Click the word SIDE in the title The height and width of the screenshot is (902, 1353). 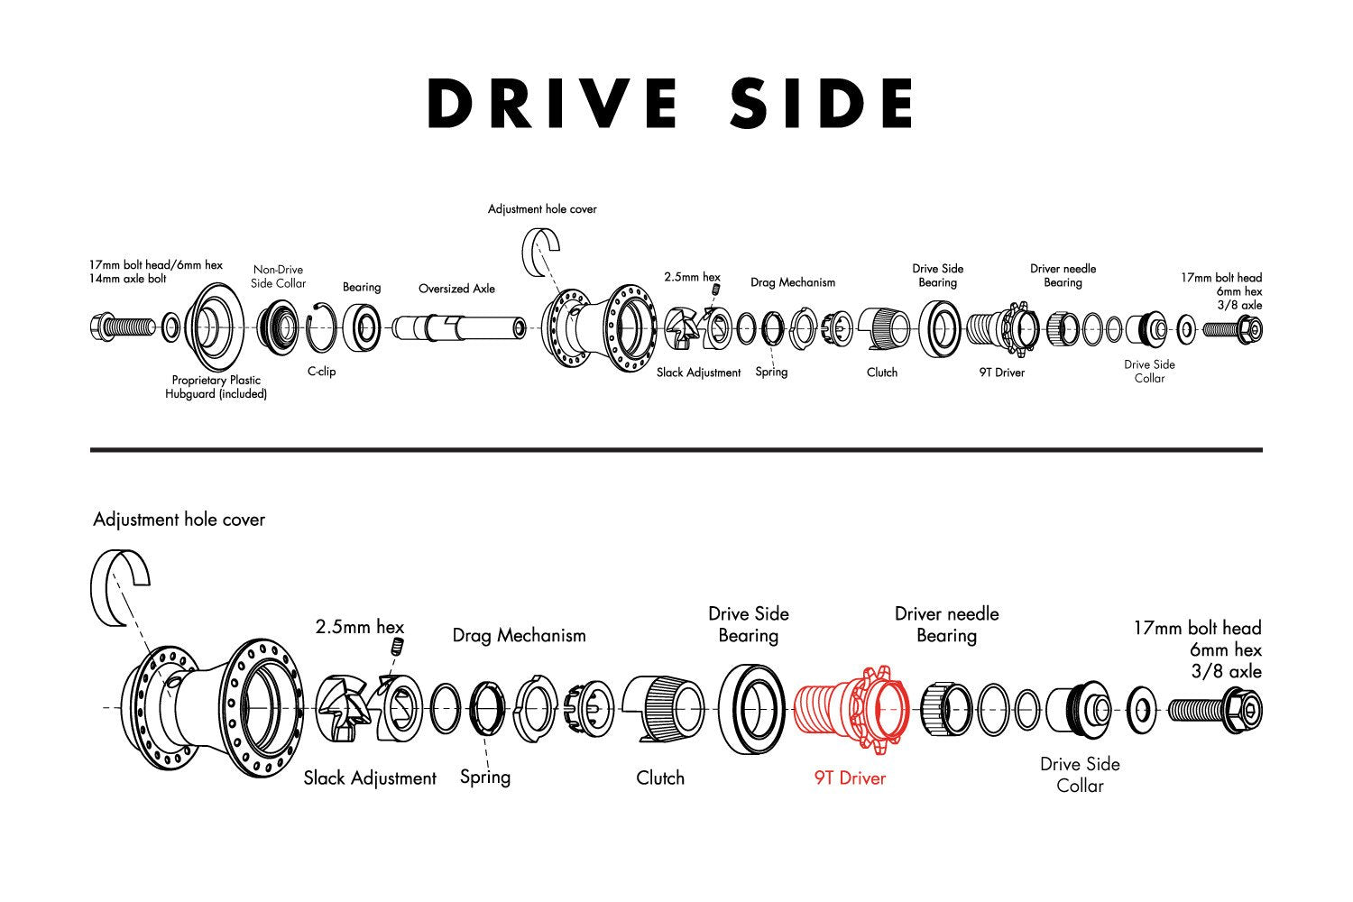point(822,103)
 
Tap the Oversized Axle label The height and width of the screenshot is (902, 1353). point(456,289)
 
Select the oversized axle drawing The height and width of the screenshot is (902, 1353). point(459,328)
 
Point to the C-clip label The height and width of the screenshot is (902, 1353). point(321,371)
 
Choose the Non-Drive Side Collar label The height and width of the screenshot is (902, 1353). point(279,277)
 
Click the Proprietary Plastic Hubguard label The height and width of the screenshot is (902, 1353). point(216,387)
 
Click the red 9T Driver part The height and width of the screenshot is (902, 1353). point(851,709)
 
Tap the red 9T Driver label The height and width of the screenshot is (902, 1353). point(850,778)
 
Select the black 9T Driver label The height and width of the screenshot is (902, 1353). point(1002,373)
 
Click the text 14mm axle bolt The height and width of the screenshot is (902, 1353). point(127,279)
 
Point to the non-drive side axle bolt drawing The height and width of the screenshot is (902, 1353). point(123,328)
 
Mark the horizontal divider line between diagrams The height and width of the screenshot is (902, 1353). point(676,449)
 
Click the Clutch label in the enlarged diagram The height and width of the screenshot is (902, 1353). point(660,778)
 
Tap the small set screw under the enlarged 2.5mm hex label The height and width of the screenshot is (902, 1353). point(398,647)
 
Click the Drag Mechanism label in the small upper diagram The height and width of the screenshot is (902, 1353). point(793,282)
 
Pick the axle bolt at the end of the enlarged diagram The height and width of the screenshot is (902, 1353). point(1215,711)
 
